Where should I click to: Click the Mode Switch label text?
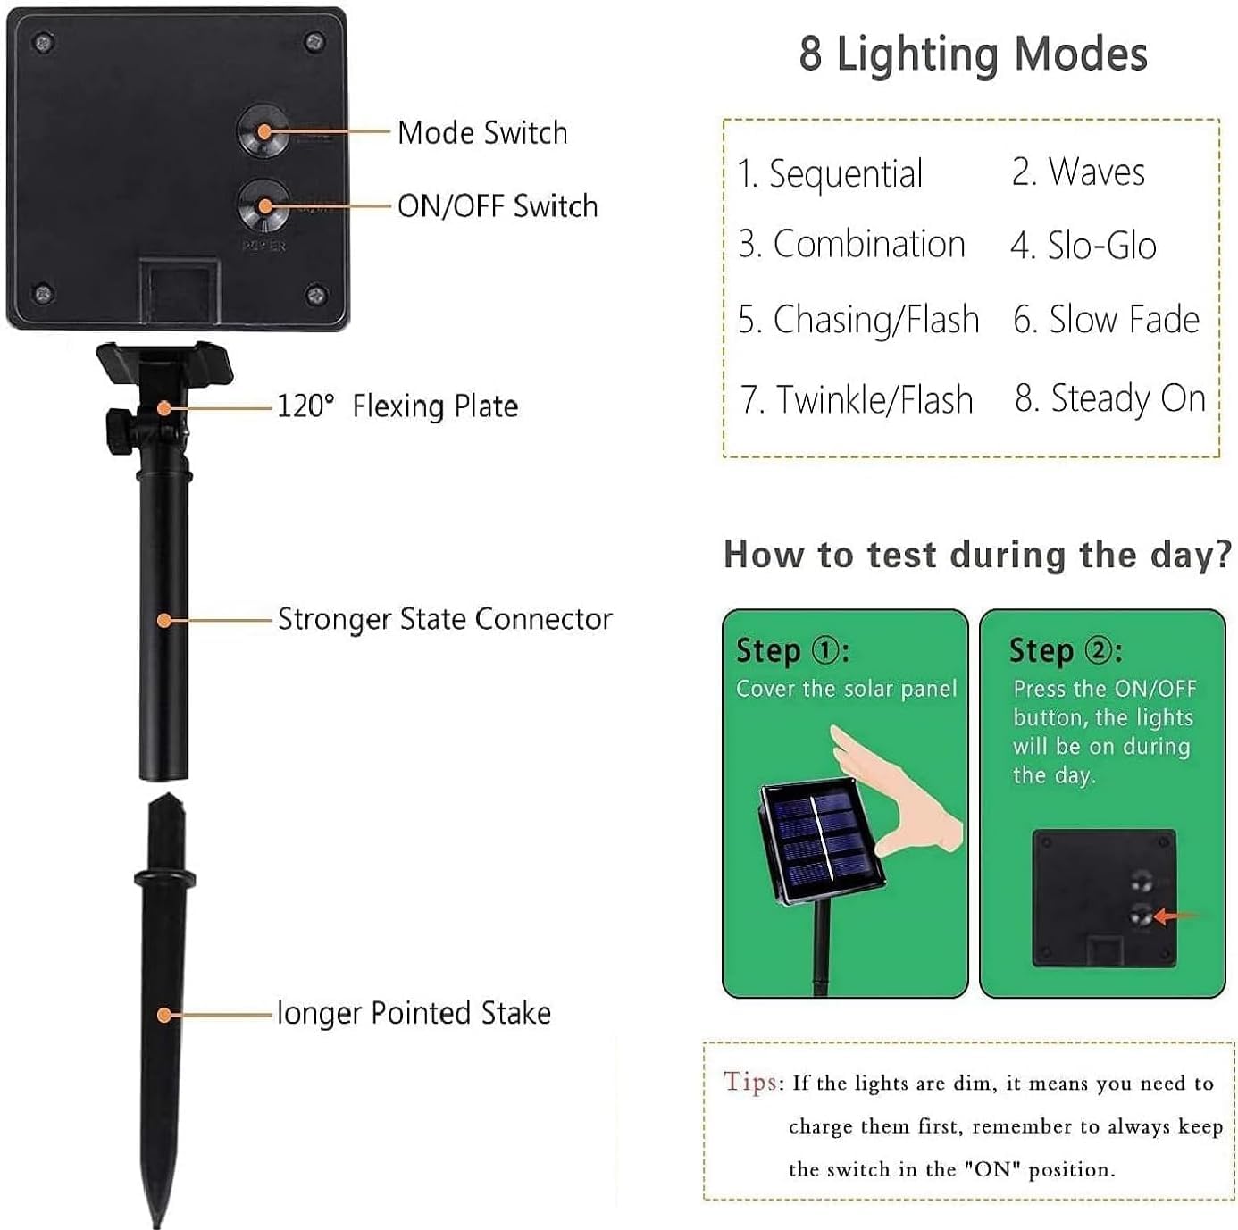point(482,133)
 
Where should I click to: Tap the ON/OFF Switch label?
point(498,206)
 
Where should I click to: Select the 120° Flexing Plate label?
point(397,406)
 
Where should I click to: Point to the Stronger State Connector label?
point(445,619)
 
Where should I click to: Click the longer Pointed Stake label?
point(414,1013)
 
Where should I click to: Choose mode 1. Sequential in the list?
point(830,173)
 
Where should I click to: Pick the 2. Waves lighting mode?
point(1078,172)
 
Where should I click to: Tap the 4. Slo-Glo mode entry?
point(1083,246)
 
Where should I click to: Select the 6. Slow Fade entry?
point(1106,320)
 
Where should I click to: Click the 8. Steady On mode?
point(1110,398)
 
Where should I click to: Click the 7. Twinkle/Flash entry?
point(857,399)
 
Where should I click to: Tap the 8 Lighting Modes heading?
point(973,54)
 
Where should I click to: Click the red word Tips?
point(751,1082)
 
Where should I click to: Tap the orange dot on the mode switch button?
point(264,131)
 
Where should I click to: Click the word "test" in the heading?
point(901,555)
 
